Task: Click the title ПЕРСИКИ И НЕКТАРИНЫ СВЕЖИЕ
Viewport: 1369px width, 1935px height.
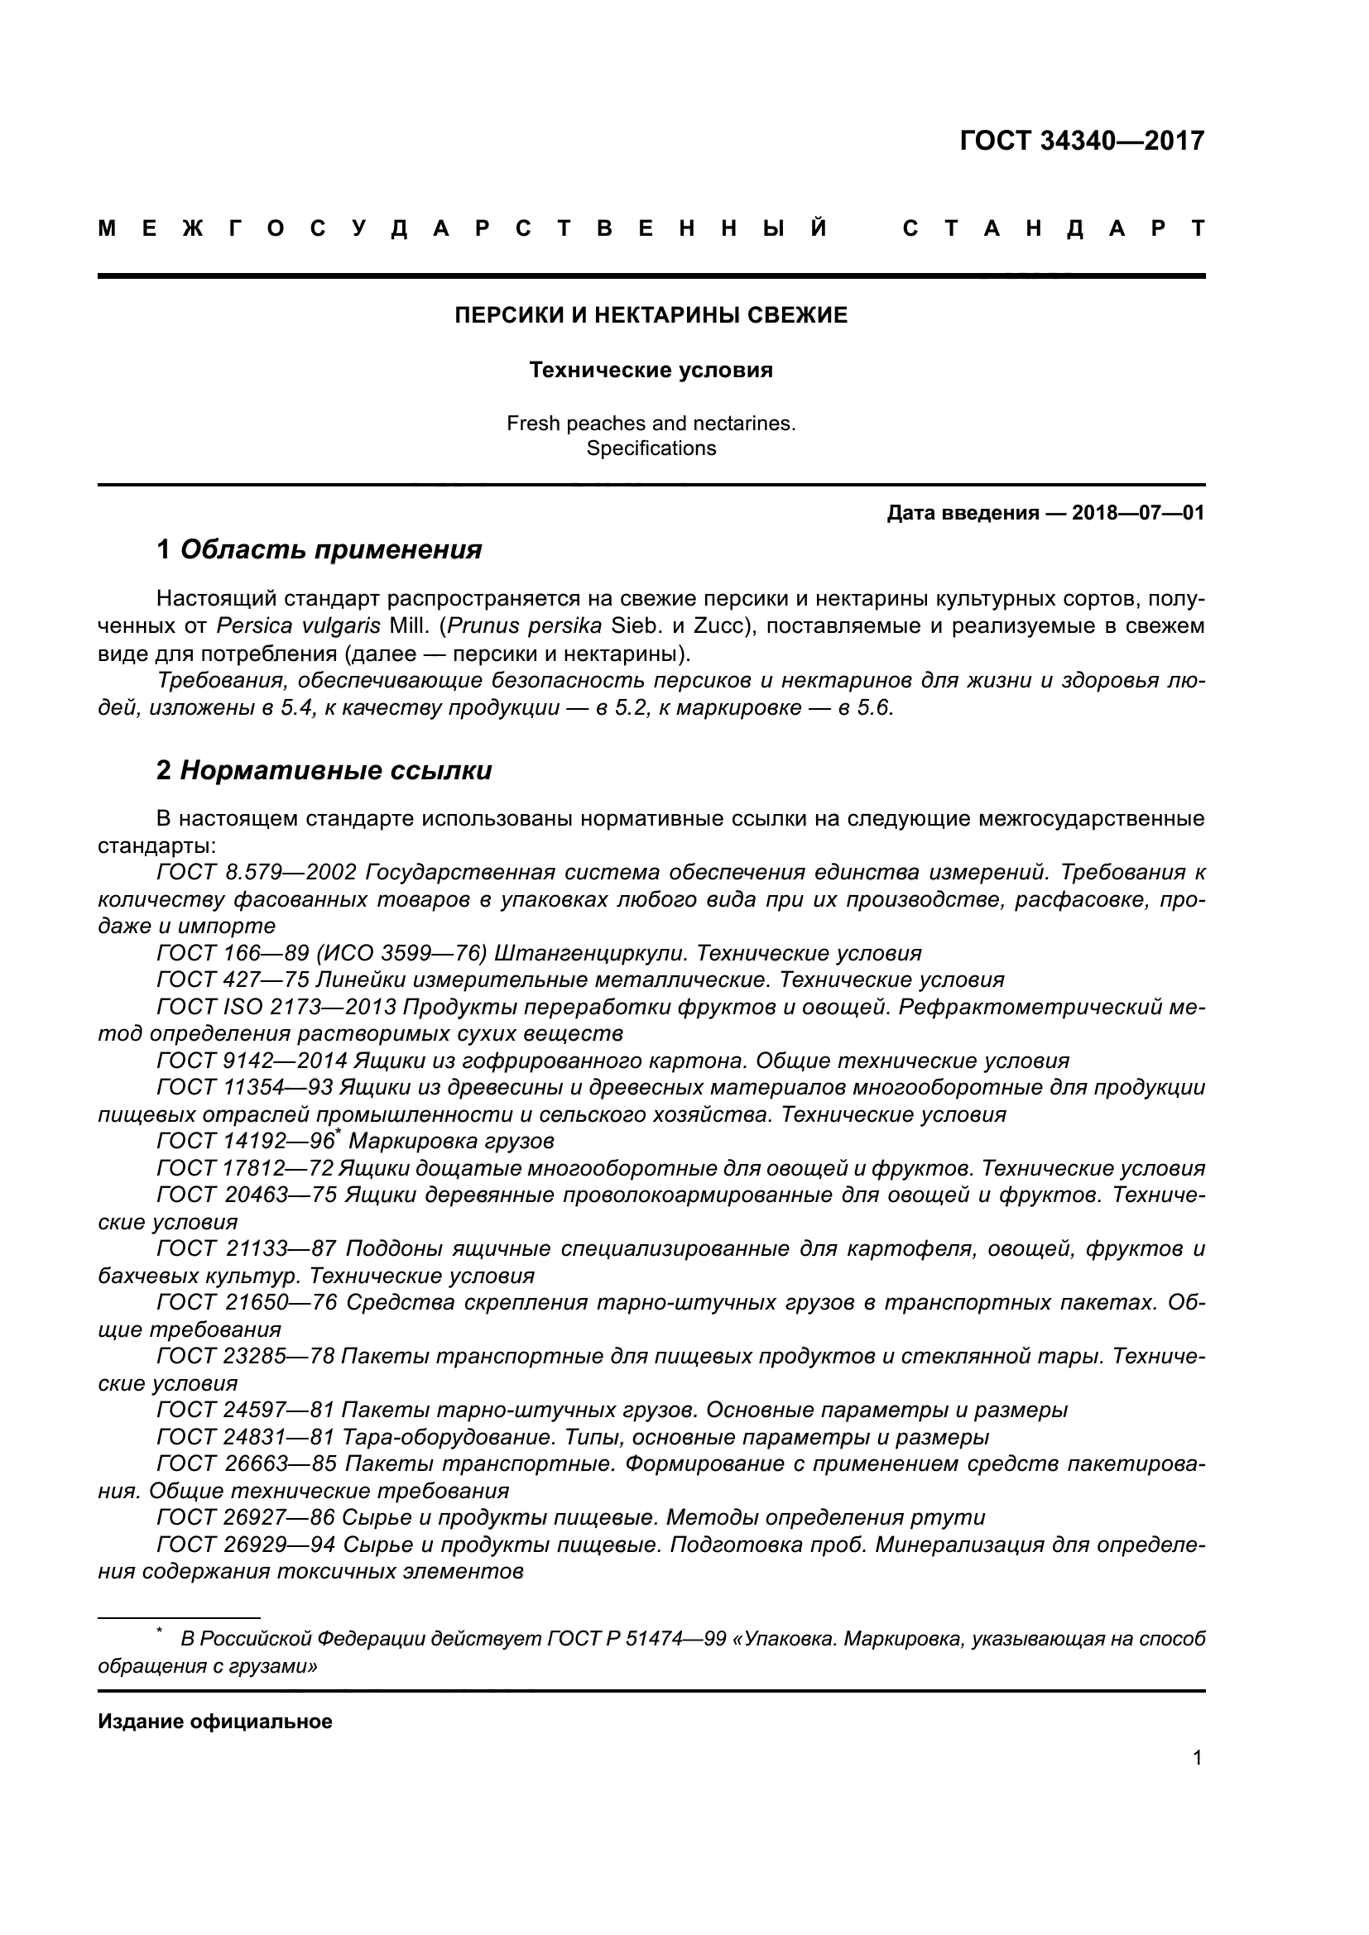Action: (x=651, y=315)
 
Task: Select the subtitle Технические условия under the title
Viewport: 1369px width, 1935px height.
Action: (x=651, y=370)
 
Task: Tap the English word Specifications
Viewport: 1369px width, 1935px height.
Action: (x=651, y=448)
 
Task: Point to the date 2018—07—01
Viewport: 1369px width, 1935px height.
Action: (x=1137, y=512)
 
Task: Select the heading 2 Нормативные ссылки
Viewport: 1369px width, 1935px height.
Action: (x=324, y=770)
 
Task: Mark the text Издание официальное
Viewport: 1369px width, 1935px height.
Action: (x=215, y=1722)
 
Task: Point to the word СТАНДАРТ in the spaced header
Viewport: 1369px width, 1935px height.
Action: (x=1054, y=229)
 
